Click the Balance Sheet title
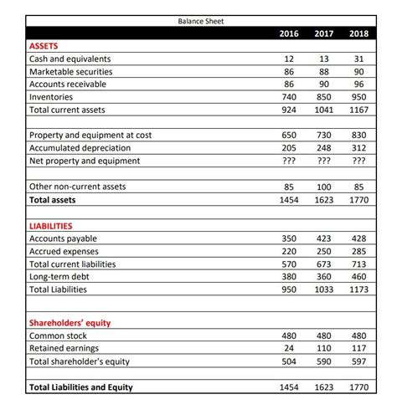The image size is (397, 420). pyautogui.click(x=200, y=21)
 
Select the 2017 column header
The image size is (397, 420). pyautogui.click(x=324, y=34)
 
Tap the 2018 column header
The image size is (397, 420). pyautogui.click(x=358, y=34)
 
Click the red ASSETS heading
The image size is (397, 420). pyautogui.click(x=45, y=47)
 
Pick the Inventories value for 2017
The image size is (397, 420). pyautogui.click(x=324, y=98)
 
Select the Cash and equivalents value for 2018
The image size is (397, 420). pyautogui.click(x=361, y=59)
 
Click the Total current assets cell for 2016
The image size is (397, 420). pyautogui.click(x=288, y=110)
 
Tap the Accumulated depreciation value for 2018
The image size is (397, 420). pyautogui.click(x=359, y=148)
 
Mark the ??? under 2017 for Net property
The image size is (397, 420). pyautogui.click(x=324, y=161)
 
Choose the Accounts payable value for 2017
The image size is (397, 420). pyautogui.click(x=324, y=238)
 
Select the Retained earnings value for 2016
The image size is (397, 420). pyautogui.click(x=290, y=350)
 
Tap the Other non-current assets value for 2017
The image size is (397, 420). pyautogui.click(x=324, y=187)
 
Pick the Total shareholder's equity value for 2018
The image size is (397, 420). pyautogui.click(x=359, y=362)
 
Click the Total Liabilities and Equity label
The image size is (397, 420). pyautogui.click(x=81, y=387)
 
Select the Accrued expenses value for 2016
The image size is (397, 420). pyautogui.click(x=288, y=251)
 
